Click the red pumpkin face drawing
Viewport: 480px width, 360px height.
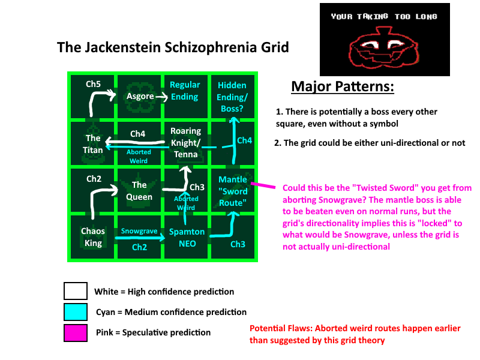(384, 47)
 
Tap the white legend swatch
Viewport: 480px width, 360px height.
(76, 291)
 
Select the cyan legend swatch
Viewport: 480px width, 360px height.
(76, 311)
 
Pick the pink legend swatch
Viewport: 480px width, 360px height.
(76, 333)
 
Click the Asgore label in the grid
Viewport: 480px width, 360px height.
(140, 96)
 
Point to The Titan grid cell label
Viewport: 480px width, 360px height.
(93, 144)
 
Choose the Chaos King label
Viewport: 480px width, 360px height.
(93, 237)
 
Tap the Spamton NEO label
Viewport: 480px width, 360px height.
(187, 238)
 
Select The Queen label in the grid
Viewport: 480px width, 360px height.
(139, 191)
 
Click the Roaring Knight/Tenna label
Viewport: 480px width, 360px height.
(186, 143)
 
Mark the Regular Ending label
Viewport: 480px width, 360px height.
(185, 91)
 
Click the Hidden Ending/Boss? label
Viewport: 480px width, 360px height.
(232, 97)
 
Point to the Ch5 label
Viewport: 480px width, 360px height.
(93, 84)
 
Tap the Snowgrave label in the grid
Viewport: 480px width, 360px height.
(139, 231)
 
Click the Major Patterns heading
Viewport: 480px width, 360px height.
(343, 86)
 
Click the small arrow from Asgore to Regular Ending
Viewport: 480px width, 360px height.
(161, 97)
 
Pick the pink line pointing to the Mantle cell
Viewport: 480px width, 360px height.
(263, 185)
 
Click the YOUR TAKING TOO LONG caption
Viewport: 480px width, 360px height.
(384, 17)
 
